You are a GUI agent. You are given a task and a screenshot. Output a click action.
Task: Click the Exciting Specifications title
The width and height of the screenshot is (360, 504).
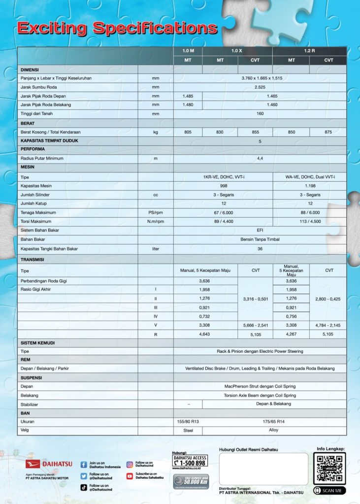point(117,28)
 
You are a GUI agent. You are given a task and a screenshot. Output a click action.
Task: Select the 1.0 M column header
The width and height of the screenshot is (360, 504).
point(188,51)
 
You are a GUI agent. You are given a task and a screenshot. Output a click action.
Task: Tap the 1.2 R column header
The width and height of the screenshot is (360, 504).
point(309,51)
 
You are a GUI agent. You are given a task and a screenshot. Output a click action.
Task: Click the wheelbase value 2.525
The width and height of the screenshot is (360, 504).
point(260,87)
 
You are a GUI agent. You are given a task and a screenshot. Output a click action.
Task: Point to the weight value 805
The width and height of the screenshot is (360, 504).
point(188,132)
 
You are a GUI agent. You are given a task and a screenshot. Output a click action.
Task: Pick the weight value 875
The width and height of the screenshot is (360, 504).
point(328,132)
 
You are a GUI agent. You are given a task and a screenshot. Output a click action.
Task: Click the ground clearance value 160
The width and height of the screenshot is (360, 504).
point(260,114)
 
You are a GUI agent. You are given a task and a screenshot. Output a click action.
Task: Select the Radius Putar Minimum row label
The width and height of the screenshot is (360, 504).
point(42,159)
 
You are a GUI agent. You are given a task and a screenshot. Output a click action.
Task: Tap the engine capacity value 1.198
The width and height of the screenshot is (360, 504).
point(310,186)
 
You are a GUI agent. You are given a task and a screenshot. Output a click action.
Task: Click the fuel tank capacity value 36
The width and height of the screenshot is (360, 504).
point(260,249)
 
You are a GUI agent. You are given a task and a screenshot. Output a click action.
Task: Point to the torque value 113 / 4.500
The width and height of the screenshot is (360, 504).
point(310,222)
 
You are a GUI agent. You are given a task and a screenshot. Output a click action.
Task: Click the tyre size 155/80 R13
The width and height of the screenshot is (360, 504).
point(188,422)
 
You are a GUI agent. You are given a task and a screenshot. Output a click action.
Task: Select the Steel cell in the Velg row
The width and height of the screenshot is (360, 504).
point(188,431)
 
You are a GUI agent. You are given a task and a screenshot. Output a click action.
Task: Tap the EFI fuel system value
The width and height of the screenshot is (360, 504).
point(260,230)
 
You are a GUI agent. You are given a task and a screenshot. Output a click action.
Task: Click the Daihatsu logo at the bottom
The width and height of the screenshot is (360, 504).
point(49,464)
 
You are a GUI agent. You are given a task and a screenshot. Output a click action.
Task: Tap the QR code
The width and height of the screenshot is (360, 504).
point(329,468)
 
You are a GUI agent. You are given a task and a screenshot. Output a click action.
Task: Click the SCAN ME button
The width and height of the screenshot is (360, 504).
point(329,491)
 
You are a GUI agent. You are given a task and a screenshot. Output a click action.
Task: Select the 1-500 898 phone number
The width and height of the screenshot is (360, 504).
point(190,463)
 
